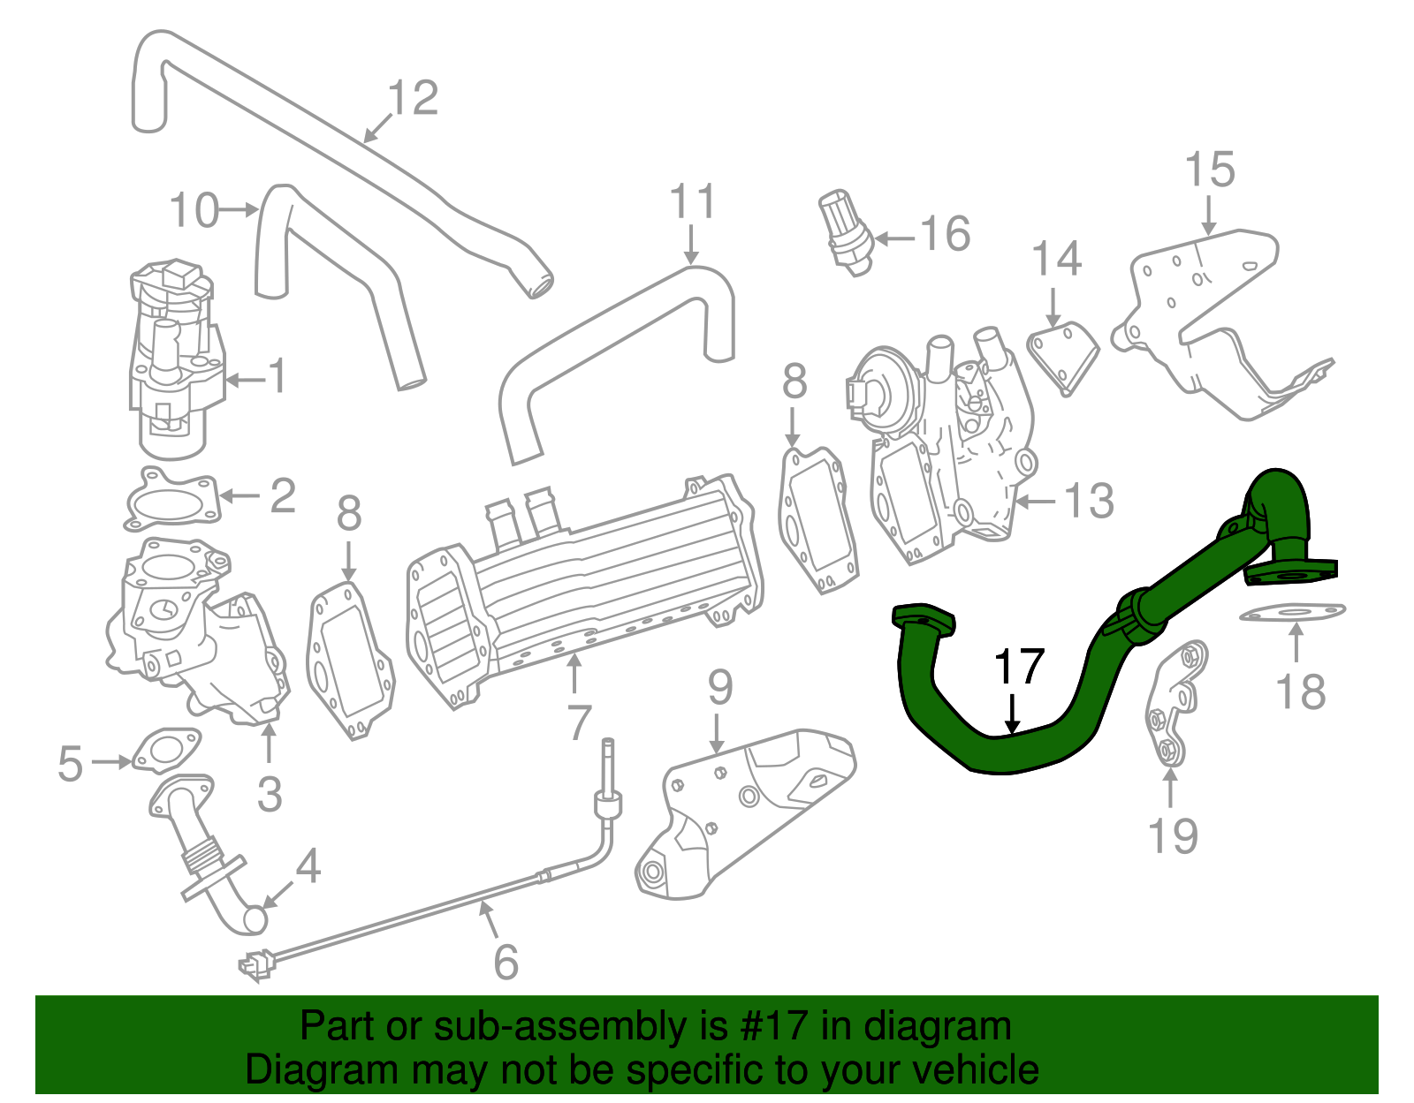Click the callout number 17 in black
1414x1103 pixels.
pyautogui.click(x=1020, y=668)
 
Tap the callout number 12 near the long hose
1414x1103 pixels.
pyautogui.click(x=413, y=98)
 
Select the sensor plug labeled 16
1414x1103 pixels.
pyautogui.click(x=846, y=232)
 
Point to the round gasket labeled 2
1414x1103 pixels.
pyautogui.click(x=171, y=500)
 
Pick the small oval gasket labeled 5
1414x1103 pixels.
pyautogui.click(x=165, y=750)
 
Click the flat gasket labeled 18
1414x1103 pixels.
pyautogui.click(x=1293, y=612)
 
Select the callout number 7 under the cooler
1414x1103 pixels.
pyautogui.click(x=579, y=722)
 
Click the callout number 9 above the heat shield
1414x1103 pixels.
pyautogui.click(x=720, y=686)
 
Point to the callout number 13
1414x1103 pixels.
pyautogui.click(x=1089, y=502)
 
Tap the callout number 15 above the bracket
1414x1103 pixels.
pyautogui.click(x=1210, y=170)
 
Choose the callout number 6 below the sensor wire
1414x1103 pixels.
pyautogui.click(x=506, y=962)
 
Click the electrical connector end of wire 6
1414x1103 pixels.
pyautogui.click(x=255, y=965)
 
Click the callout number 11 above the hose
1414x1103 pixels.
pyautogui.click(x=692, y=202)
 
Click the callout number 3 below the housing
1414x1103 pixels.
pyautogui.click(x=270, y=794)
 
